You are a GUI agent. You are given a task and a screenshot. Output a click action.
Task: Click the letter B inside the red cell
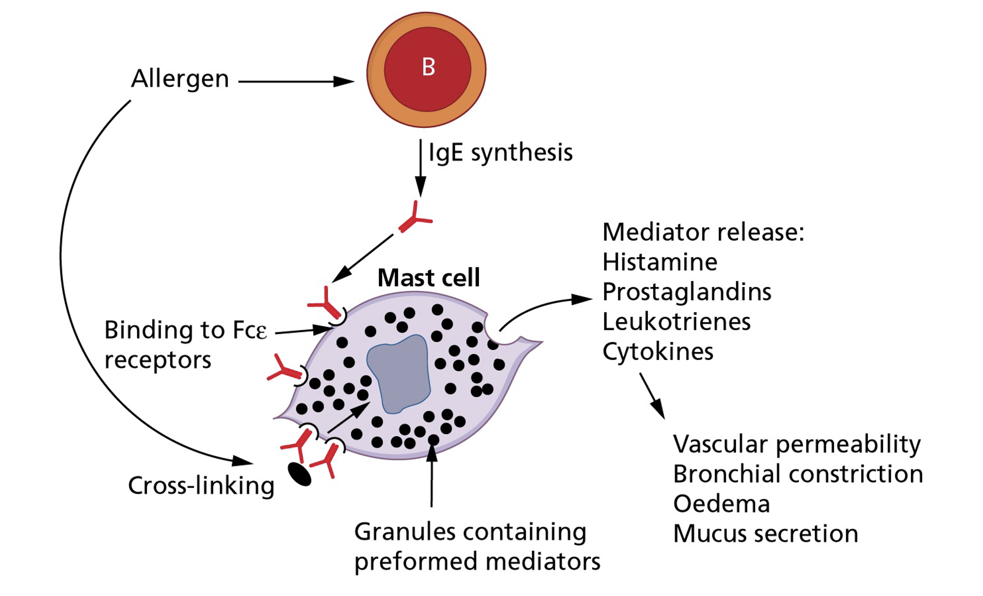tap(428, 67)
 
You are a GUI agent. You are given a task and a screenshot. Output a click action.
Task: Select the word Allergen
tap(180, 79)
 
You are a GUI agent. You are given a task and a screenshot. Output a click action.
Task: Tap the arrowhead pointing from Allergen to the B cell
tap(344, 82)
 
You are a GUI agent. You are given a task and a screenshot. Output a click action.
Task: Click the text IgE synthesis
tap(500, 153)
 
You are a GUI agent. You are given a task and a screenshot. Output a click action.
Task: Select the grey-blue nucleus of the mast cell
tap(399, 375)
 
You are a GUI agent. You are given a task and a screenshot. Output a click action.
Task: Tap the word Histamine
tap(660, 262)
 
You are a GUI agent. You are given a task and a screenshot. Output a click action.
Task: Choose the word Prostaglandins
tap(687, 292)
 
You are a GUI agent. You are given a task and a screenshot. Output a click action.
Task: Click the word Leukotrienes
tap(676, 322)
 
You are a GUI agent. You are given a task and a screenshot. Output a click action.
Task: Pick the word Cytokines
tap(658, 352)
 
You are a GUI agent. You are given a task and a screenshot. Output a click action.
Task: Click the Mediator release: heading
tap(703, 232)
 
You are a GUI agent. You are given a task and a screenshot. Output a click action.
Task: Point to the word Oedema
tap(721, 503)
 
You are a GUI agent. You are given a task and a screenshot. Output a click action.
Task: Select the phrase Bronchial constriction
tap(798, 474)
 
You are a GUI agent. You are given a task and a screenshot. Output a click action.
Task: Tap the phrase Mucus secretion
tap(766, 534)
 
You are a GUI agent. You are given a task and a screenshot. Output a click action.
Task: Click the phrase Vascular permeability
tap(797, 444)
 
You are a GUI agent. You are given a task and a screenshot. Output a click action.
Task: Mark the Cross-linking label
tap(201, 486)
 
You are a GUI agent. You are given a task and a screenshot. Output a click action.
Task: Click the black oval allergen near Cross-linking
tap(300, 474)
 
